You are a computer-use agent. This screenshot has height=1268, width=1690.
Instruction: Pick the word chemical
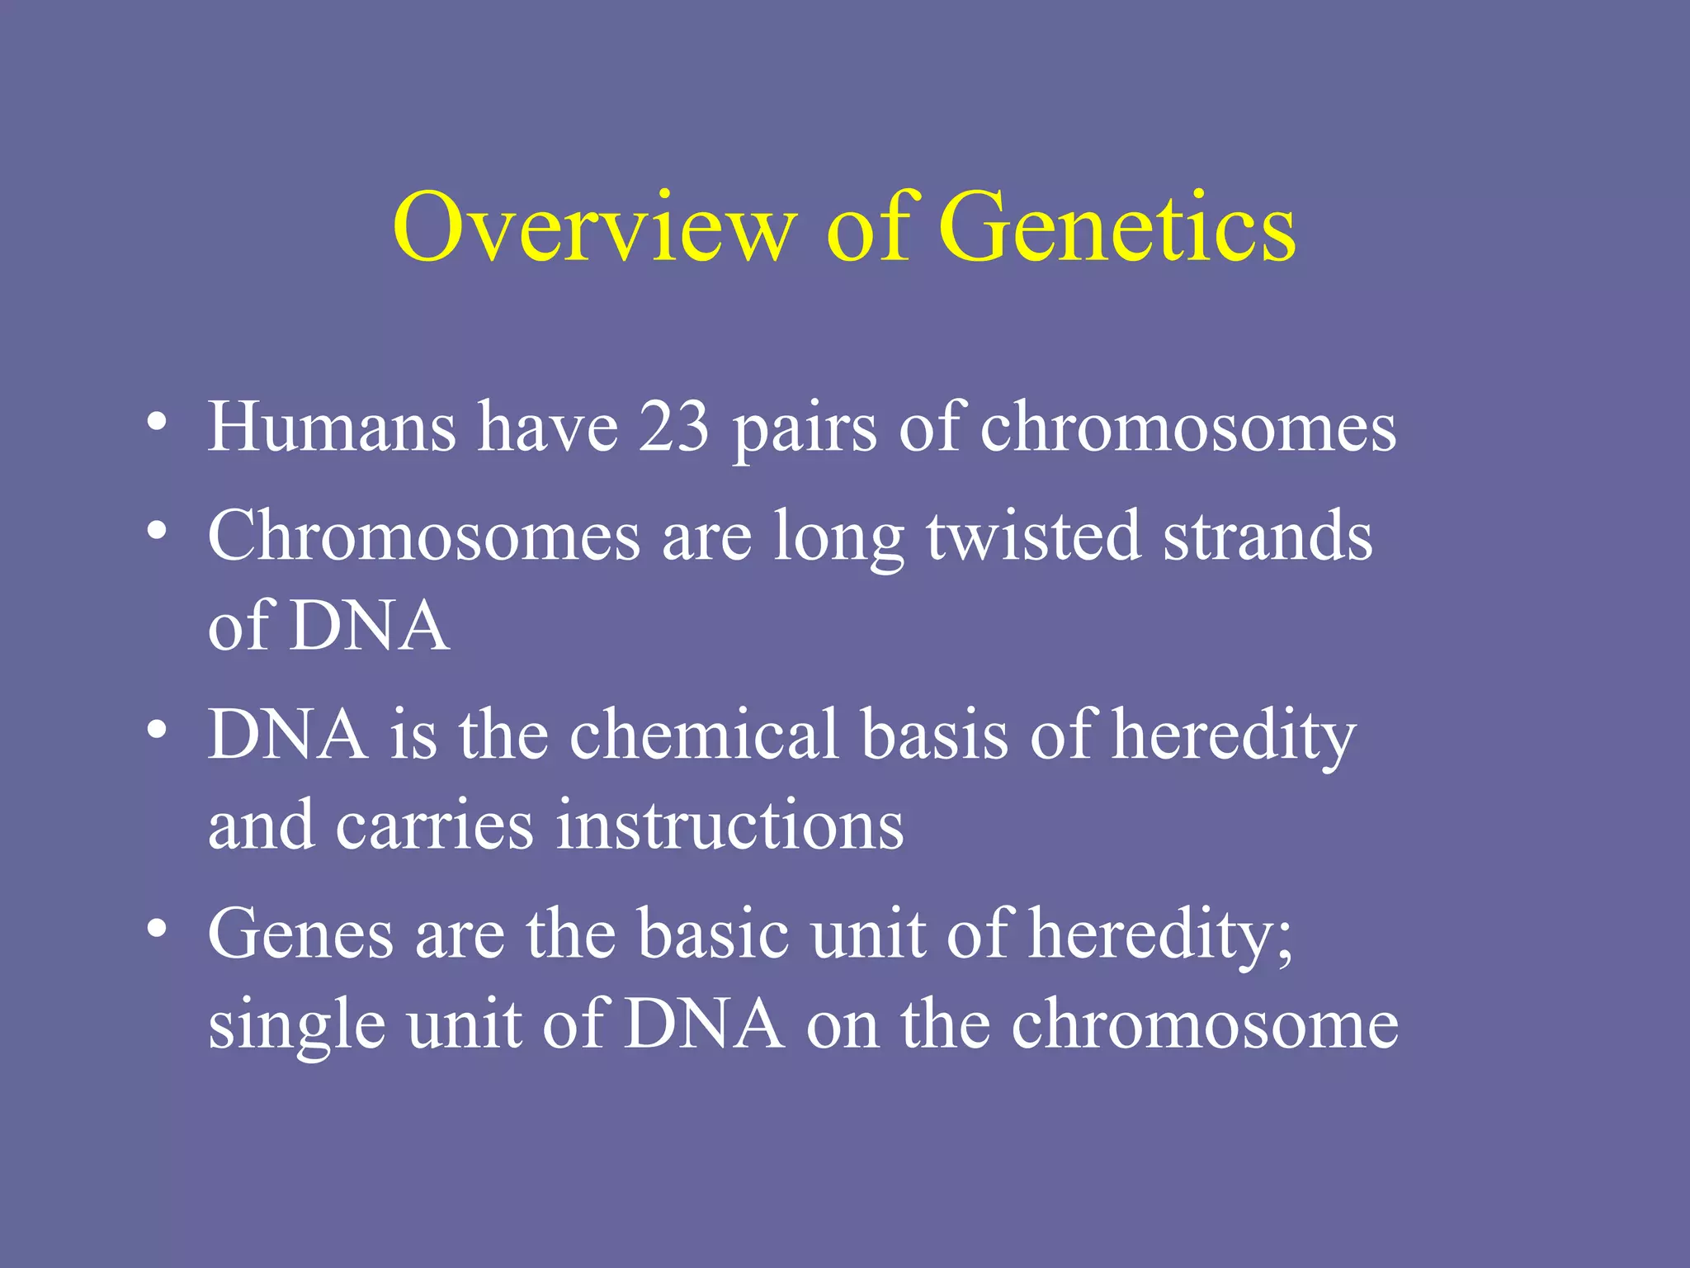coord(704,735)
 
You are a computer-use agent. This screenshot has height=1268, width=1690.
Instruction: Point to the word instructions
coord(729,826)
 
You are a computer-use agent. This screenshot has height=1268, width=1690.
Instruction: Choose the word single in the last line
coord(296,1028)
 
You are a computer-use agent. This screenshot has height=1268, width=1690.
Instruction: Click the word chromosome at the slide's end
coord(1205,1024)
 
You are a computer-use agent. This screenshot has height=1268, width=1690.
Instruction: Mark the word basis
coord(934,735)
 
